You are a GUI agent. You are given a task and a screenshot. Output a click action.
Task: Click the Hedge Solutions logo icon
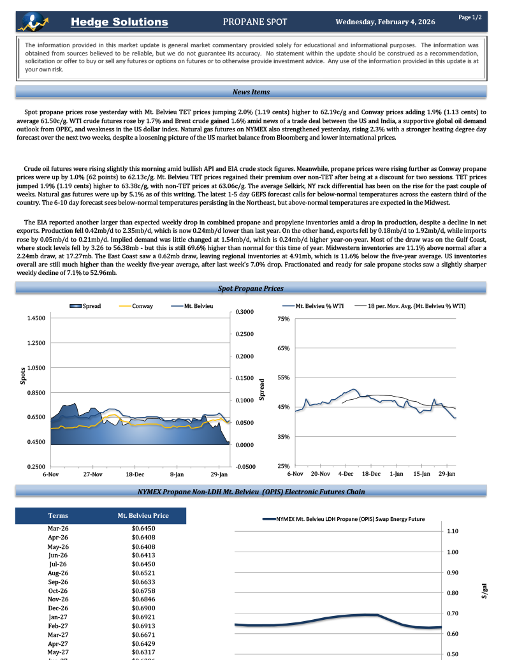(31, 21)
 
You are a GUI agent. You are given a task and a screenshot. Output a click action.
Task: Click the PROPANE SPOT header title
(255, 22)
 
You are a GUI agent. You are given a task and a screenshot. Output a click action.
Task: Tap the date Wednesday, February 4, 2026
(385, 22)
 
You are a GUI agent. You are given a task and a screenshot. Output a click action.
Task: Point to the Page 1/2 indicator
(470, 17)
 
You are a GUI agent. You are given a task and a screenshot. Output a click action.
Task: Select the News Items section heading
(251, 92)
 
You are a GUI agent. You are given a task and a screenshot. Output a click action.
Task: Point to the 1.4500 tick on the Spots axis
(36, 318)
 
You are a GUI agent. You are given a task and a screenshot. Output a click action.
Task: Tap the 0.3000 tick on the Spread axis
(245, 312)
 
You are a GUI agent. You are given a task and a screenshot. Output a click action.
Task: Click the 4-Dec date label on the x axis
(346, 474)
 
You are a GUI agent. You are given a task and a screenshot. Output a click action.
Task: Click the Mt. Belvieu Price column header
(143, 515)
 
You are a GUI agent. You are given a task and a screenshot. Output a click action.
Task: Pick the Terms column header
(58, 515)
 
